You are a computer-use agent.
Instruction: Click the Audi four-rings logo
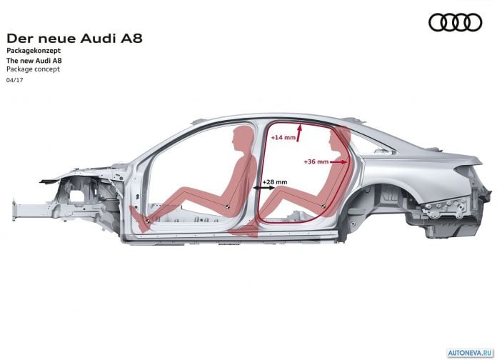click(455, 22)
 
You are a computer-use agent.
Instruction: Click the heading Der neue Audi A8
click(74, 39)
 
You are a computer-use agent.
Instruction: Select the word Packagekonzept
click(34, 51)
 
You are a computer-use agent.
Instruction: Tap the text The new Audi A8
click(34, 60)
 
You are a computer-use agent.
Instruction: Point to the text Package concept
click(33, 69)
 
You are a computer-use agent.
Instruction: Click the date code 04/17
click(14, 80)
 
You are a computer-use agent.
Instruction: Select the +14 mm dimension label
click(283, 138)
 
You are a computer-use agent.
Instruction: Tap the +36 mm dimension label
click(316, 161)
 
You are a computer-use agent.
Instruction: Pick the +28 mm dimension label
click(275, 182)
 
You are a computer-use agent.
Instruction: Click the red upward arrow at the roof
click(299, 134)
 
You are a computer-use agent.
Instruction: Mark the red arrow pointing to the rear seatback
click(338, 162)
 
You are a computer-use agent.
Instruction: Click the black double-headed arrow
click(264, 188)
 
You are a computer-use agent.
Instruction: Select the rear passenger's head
click(338, 139)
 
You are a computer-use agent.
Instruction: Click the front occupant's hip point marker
click(227, 207)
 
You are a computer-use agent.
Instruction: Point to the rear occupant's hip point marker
click(323, 206)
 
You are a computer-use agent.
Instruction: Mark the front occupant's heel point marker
click(147, 221)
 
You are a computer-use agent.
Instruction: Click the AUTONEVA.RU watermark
click(471, 353)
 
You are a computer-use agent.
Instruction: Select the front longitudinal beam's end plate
click(14, 209)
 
